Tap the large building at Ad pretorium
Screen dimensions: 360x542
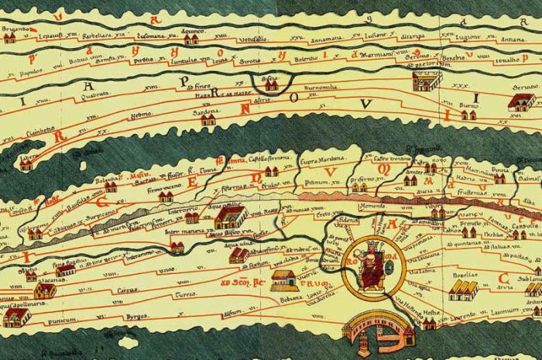(427, 81)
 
